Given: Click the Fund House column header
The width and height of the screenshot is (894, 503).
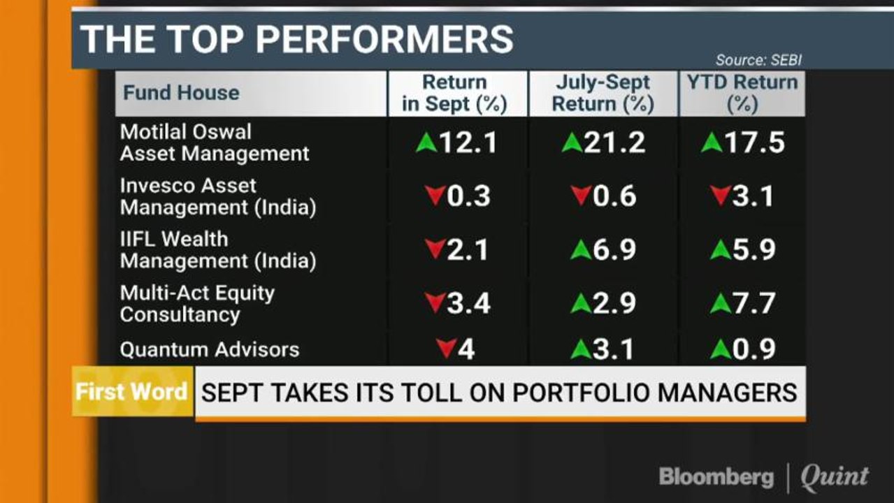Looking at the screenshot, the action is click(181, 93).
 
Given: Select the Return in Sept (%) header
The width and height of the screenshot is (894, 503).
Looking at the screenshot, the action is click(454, 94).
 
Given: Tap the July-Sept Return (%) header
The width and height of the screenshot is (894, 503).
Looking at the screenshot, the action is click(603, 94).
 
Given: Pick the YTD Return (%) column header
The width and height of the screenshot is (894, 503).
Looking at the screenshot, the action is click(742, 94).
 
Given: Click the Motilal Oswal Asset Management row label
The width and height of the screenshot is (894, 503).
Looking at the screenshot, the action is click(215, 143).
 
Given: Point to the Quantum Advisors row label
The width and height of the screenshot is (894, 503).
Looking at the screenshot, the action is click(210, 349).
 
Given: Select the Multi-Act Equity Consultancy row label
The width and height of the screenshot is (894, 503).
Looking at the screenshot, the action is click(197, 304).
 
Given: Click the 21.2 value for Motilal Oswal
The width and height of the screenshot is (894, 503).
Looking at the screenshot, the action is click(614, 143).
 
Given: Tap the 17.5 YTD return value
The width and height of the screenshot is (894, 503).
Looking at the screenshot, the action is click(755, 143).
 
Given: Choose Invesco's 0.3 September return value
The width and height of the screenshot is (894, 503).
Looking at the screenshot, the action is click(468, 196).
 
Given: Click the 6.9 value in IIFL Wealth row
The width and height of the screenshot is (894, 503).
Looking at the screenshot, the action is click(614, 249).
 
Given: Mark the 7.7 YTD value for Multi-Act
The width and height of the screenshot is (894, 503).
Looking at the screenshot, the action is click(754, 304).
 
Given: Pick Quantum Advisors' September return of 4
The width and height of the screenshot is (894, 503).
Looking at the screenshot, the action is click(466, 349).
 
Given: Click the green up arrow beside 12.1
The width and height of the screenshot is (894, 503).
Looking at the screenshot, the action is click(426, 143).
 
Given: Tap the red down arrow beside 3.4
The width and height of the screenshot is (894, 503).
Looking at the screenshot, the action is click(435, 303).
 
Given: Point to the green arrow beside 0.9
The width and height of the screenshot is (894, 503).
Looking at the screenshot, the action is click(721, 349).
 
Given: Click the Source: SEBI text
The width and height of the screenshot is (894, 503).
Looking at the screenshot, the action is click(758, 60).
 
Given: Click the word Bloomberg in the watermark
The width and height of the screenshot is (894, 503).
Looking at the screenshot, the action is click(716, 477).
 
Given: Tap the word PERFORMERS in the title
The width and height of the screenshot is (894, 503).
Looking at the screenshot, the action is click(384, 39).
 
